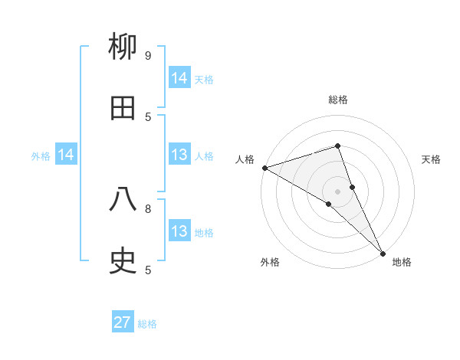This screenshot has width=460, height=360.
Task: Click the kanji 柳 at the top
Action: [x=123, y=48]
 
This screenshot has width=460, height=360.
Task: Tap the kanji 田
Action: [x=123, y=109]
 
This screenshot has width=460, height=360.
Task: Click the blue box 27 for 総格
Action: [x=123, y=322]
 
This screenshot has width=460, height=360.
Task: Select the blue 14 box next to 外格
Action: [x=66, y=155]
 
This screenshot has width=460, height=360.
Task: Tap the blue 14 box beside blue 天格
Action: [x=179, y=78]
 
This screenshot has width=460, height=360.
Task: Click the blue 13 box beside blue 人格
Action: [x=179, y=155]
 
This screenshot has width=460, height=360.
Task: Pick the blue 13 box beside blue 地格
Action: [x=179, y=231]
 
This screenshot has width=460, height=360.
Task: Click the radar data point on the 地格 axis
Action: [x=383, y=252]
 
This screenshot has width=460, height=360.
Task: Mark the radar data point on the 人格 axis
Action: [x=264, y=167]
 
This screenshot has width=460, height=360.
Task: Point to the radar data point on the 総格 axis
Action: [x=337, y=146]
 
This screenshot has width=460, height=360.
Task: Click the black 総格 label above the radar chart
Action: [x=337, y=100]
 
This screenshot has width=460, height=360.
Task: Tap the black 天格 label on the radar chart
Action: [x=432, y=159]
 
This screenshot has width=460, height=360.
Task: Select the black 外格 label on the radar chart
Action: [x=270, y=262]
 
